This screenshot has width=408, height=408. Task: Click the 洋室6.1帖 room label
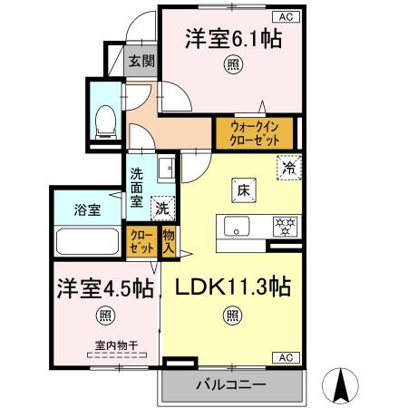click(x=234, y=39)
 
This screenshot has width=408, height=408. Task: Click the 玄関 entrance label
click(x=141, y=62)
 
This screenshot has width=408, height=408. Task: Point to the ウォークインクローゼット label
click(x=253, y=133)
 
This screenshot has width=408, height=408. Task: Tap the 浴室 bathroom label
click(x=86, y=210)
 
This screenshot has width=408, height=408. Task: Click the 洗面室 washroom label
click(x=136, y=189)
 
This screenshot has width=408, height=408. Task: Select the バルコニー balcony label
click(x=231, y=384)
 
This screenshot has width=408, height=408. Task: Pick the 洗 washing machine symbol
click(x=161, y=207)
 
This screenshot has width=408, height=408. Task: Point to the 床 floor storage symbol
click(x=243, y=190)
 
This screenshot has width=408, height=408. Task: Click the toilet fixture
click(x=103, y=119)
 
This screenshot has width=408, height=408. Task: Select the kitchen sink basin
click(x=236, y=228)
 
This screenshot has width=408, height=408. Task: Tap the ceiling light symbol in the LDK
click(x=232, y=316)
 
